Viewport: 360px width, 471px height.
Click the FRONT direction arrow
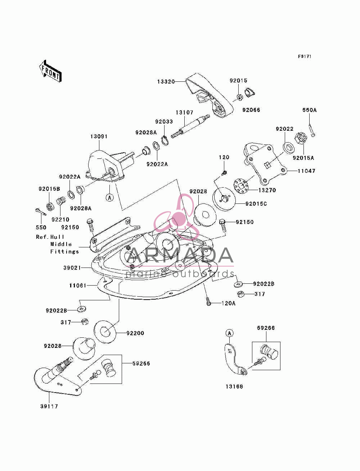[x=50, y=71]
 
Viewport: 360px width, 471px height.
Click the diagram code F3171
[x=305, y=57]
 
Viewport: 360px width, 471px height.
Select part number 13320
[x=166, y=81]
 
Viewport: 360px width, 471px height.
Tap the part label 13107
[x=185, y=112]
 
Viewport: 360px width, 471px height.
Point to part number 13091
[x=99, y=136]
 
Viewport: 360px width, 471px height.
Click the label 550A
[x=310, y=110]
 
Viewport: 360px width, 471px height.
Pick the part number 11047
[x=307, y=171]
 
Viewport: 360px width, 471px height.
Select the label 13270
[x=267, y=190]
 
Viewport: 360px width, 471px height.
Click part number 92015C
[x=256, y=203]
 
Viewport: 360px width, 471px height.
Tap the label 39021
[x=72, y=268]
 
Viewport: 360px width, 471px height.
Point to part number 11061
[x=78, y=286]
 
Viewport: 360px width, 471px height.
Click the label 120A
[x=229, y=303]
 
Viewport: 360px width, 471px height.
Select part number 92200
[x=135, y=333]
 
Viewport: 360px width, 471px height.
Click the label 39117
[x=49, y=406]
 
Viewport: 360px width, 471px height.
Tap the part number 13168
[x=234, y=386]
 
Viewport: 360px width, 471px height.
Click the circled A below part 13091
[x=110, y=197]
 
